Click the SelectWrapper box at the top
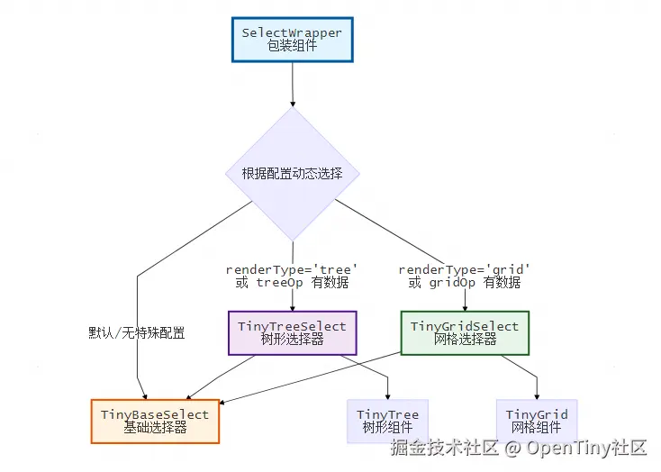tap(292, 39)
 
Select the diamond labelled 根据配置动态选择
tap(292, 173)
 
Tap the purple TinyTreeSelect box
tap(292, 332)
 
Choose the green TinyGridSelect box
tap(465, 332)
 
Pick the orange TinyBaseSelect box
tap(155, 421)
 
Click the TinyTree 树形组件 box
tap(388, 421)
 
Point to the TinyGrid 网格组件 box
tap(537, 421)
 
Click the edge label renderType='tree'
tap(292, 269)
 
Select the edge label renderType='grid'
tap(465, 269)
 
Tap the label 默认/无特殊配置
tap(137, 332)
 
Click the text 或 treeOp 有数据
tap(292, 283)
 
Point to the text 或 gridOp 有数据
tap(465, 283)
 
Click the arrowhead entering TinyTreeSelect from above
tap(292, 307)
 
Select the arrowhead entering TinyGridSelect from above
tap(465, 307)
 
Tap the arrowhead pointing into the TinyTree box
tap(388, 395)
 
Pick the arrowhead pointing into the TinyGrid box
tap(537, 395)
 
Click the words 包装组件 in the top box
tap(292, 46)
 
